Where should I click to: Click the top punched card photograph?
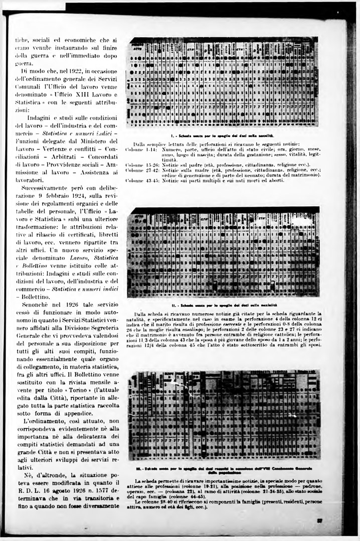[x=223, y=82]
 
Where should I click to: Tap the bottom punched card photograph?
[x=223, y=415]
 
